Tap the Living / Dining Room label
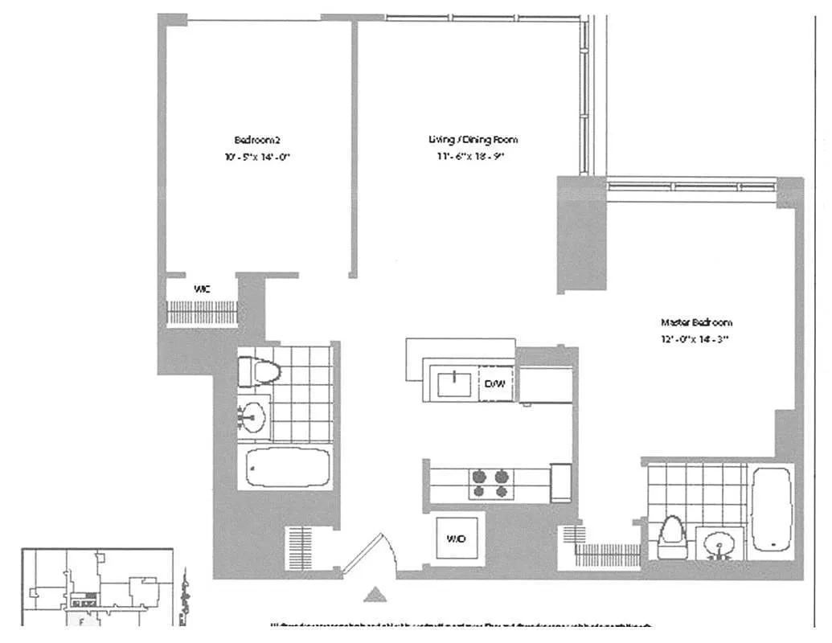coord(467,140)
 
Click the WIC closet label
coord(202,288)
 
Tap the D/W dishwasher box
coord(495,384)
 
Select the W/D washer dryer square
coord(456,538)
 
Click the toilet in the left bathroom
coord(258,371)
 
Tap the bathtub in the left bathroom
coord(288,468)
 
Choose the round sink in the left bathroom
coord(254,416)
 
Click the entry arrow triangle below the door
coord(373,595)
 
